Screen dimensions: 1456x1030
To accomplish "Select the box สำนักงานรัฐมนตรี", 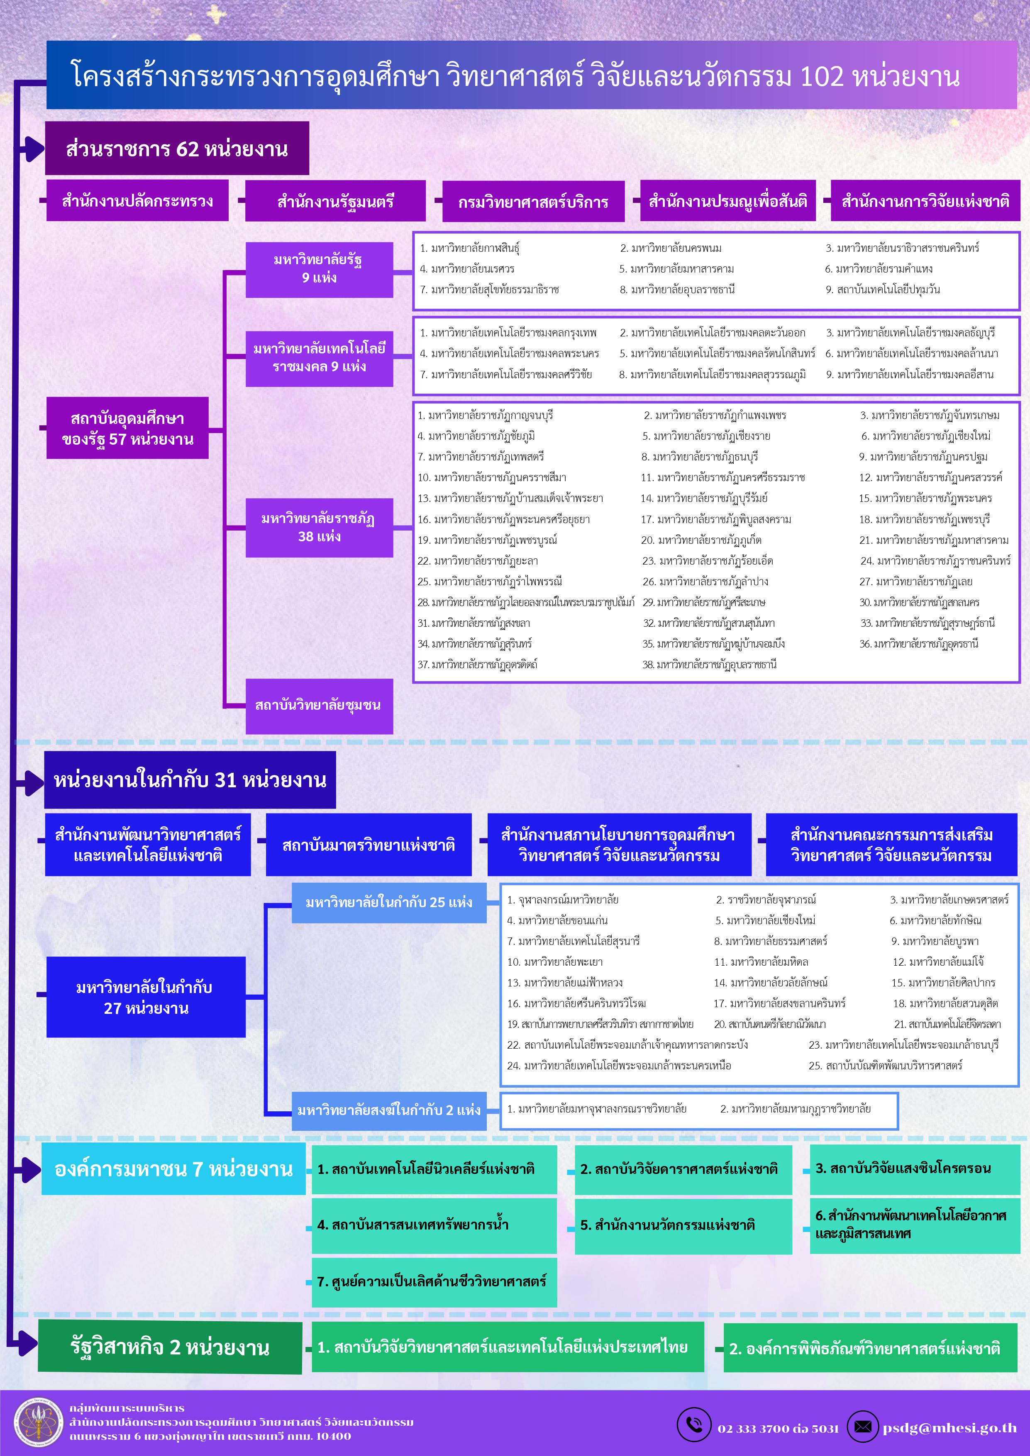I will pyautogui.click(x=335, y=201).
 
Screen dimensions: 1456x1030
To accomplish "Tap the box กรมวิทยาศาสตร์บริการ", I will pyautogui.click(x=533, y=202).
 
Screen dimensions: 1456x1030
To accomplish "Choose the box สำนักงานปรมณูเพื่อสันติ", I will pyautogui.click(x=727, y=201).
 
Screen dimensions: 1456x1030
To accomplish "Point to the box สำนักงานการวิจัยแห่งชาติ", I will pyautogui.click(x=925, y=201).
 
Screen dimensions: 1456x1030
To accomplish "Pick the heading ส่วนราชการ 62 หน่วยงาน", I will pyautogui.click(x=177, y=149).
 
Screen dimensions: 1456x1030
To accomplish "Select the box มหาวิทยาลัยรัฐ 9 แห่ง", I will pyautogui.click(x=319, y=269).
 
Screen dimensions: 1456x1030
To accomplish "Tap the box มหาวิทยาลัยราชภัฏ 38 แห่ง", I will pyautogui.click(x=319, y=528).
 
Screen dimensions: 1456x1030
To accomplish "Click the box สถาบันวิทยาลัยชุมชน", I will pyautogui.click(x=319, y=705).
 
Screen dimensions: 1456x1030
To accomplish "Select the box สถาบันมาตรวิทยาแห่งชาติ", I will pyautogui.click(x=369, y=845).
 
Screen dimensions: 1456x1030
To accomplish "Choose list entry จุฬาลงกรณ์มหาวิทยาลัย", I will pyautogui.click(x=563, y=899).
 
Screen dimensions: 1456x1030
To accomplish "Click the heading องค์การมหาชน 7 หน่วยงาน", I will pyautogui.click(x=173, y=1169).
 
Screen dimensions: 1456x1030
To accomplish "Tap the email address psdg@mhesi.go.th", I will pyautogui.click(x=949, y=1427).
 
